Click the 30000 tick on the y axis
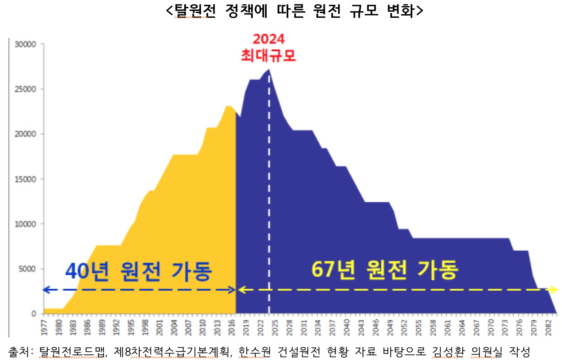[27, 44]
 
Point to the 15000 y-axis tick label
[27, 179]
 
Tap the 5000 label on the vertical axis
[29, 269]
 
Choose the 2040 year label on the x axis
[345, 326]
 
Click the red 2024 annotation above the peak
[269, 39]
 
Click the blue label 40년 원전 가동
[138, 271]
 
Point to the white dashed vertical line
[269, 195]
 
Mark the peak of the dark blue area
[269, 69]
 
